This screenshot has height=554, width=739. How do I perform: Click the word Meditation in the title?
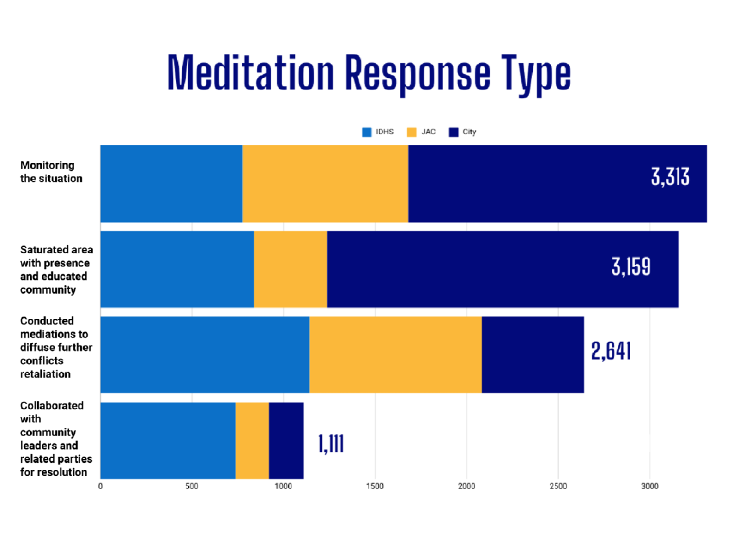coord(250,73)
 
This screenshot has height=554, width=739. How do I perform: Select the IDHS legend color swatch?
coord(367,132)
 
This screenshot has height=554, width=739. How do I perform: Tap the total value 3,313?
coord(670,177)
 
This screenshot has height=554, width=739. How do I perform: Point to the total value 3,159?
coord(631,266)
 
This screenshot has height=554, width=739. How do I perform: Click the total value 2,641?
coord(611,351)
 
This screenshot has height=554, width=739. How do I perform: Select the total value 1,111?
coord(331,444)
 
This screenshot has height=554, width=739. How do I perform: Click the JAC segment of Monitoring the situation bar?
coord(325,184)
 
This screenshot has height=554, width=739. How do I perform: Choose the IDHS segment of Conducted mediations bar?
coord(205,355)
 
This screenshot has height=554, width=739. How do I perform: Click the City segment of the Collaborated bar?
coord(286,440)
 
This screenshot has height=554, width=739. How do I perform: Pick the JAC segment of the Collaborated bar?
coord(252,440)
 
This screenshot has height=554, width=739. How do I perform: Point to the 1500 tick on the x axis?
coord(375,486)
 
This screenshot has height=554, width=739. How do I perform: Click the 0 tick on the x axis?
coord(100,486)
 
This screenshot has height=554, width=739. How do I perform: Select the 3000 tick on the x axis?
coord(649,486)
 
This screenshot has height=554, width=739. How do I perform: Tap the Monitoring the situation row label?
coord(51,172)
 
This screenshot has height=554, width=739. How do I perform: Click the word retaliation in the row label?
coord(45,374)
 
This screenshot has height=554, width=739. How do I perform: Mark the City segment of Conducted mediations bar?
coord(533,355)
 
